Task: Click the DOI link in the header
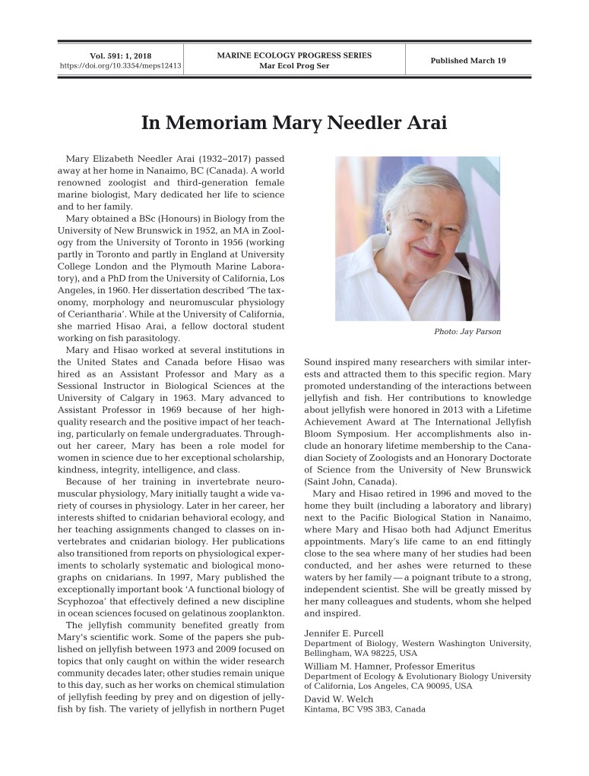click(121, 66)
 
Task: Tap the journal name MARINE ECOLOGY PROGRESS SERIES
click(294, 55)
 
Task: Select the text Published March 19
click(468, 61)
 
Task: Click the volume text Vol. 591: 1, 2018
click(121, 55)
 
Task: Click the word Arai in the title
click(423, 123)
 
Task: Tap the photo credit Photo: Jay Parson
click(467, 332)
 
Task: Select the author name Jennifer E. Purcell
click(344, 632)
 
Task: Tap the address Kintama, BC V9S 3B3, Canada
click(365, 709)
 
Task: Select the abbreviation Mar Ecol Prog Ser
click(294, 66)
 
